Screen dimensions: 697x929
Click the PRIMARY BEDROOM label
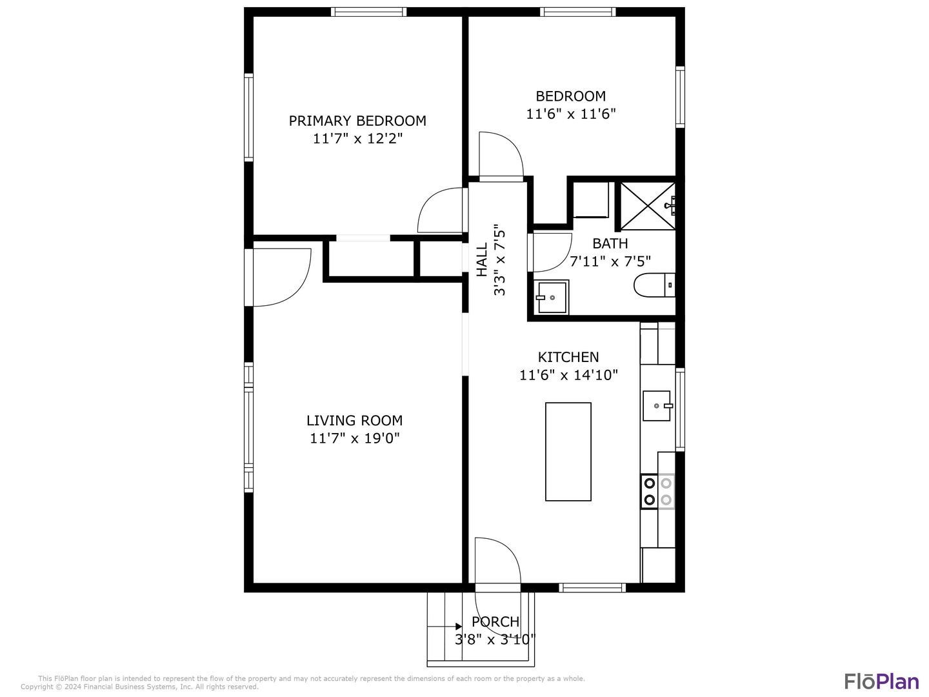(357, 121)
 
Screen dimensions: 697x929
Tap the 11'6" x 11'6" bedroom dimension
(571, 114)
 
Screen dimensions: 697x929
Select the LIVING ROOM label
(354, 421)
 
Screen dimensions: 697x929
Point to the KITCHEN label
(568, 357)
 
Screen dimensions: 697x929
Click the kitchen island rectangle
(568, 452)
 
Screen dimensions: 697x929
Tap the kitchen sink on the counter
(656, 406)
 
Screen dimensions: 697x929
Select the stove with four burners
(657, 491)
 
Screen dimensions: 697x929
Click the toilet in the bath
(653, 285)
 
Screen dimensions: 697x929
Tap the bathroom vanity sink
(552, 298)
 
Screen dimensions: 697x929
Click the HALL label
(482, 260)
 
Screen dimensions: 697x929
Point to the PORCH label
(495, 621)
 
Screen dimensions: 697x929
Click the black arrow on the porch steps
(457, 626)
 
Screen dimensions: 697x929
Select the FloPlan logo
(881, 681)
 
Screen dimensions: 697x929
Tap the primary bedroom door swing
(441, 211)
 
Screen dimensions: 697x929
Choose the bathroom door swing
(551, 252)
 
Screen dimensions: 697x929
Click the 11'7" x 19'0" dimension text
(354, 439)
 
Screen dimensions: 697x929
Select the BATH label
(610, 243)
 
